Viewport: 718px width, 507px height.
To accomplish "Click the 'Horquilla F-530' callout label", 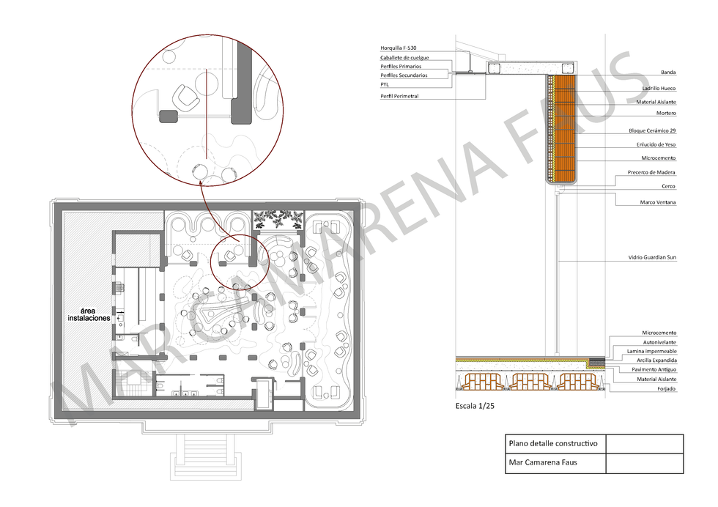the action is pos(398,48).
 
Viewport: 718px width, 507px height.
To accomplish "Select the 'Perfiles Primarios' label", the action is pos(401,67).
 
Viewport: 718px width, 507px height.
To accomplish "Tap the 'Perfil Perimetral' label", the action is pos(399,96).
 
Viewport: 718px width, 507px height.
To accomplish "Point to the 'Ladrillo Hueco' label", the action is pos(659,89).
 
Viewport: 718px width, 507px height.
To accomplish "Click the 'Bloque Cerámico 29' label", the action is pos(652,130).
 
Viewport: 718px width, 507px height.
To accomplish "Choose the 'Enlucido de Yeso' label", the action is pos(656,144).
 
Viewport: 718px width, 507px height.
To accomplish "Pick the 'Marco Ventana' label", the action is pos(658,202).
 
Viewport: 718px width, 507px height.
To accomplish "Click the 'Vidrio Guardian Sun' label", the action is pos(652,257).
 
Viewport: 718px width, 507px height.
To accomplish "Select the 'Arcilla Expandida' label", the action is pos(656,360).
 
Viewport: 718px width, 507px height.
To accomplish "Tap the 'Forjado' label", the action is pos(666,389).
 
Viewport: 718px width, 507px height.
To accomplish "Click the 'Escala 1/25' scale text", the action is pos(475,406).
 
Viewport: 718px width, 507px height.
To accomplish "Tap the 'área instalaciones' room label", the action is pos(89,314).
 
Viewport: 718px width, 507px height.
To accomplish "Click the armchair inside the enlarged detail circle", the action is pos(185,97).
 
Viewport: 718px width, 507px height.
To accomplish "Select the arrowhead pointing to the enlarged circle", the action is pos(201,183).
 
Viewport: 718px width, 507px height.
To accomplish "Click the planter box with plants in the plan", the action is pos(278,221).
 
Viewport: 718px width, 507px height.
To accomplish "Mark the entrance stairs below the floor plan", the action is pos(206,456).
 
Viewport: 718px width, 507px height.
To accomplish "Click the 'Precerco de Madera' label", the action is pos(651,172).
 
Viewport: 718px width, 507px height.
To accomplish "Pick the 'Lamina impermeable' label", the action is pos(651,351).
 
